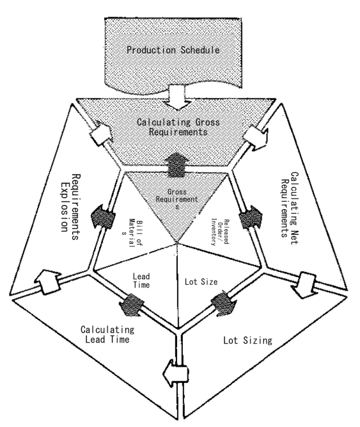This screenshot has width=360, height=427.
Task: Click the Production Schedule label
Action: pyautogui.click(x=173, y=50)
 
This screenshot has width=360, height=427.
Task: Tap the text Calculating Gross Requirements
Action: pyautogui.click(x=178, y=127)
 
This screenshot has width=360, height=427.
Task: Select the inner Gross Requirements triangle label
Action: pyautogui.click(x=176, y=199)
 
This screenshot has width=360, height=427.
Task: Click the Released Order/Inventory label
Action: pyautogui.click(x=220, y=232)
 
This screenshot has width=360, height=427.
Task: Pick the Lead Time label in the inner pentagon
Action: pyautogui.click(x=141, y=281)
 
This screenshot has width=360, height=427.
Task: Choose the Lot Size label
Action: pyautogui.click(x=201, y=282)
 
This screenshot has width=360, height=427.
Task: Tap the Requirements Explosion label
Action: pyautogui.click(x=70, y=207)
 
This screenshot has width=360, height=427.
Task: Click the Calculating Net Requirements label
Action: pyautogui.click(x=289, y=208)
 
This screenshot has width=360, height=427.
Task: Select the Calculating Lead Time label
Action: pyautogui.click(x=107, y=334)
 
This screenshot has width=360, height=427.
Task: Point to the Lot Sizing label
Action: pyautogui.click(x=247, y=340)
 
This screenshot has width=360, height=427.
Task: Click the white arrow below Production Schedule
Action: pyautogui.click(x=178, y=97)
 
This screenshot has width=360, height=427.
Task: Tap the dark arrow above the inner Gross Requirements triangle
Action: pyautogui.click(x=176, y=165)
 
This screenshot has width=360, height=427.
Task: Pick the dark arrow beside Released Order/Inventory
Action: pyautogui.click(x=251, y=217)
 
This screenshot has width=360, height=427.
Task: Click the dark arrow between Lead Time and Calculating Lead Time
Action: pyautogui.click(x=132, y=304)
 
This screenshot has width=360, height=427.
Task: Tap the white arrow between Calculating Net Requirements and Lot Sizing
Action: pyautogui.click(x=304, y=285)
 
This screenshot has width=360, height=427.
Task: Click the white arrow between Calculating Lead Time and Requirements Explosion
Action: pyautogui.click(x=48, y=281)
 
